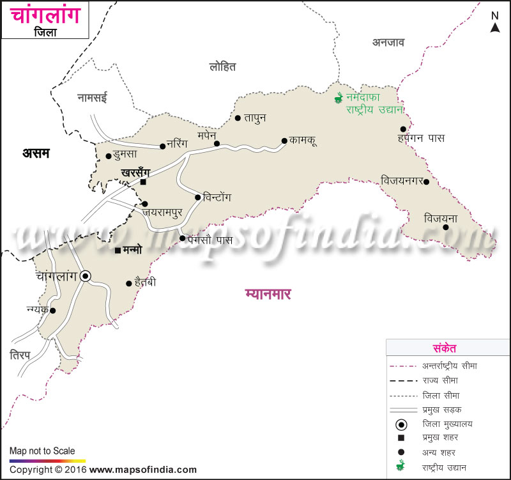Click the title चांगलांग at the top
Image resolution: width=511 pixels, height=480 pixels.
(45, 15)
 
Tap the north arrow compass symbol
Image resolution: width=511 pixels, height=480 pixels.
(495, 23)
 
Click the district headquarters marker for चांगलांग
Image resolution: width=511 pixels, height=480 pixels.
(86, 276)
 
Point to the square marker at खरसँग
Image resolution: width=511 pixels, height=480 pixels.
(144, 182)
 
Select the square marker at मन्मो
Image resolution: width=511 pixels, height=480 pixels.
(118, 250)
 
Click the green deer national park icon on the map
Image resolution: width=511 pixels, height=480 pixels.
(339, 98)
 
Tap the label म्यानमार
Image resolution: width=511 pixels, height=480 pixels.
(268, 294)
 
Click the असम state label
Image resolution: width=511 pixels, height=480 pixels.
(36, 153)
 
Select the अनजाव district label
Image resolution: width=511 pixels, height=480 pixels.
(388, 42)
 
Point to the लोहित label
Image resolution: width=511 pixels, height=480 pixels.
(222, 66)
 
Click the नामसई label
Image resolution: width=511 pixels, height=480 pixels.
(93, 98)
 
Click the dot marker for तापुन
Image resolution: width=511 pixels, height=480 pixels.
(238, 118)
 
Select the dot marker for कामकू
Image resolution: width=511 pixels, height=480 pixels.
(284, 141)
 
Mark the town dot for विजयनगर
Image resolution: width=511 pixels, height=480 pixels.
(427, 181)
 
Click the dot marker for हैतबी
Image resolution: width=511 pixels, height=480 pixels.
(129, 283)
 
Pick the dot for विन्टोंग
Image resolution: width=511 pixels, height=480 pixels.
(198, 197)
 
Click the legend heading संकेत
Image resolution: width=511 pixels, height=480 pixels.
(444, 348)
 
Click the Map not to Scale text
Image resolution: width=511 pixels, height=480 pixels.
(42, 451)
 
